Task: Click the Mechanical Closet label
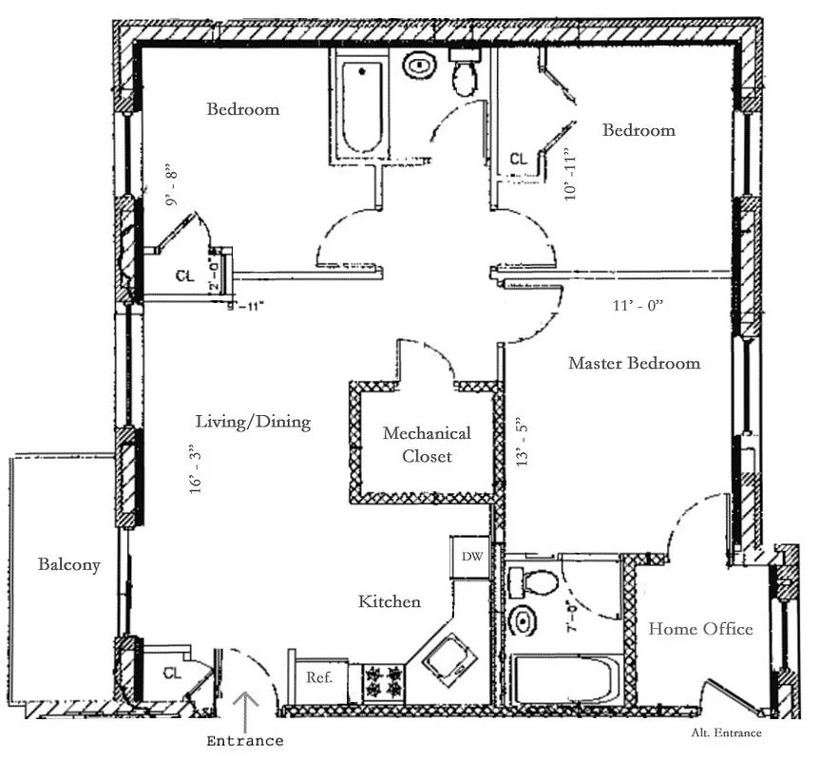[x=426, y=445]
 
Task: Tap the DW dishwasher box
[x=471, y=557]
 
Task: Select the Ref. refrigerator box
[x=318, y=678]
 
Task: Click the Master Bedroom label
[x=634, y=363]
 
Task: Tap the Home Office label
[x=700, y=629]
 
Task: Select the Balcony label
[x=68, y=564]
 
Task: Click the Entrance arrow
[x=246, y=708]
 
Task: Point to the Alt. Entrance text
[x=726, y=732]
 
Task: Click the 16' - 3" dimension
[x=198, y=468]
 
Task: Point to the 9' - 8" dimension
[x=172, y=184]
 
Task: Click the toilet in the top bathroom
[x=465, y=74]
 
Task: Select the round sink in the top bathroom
[x=418, y=66]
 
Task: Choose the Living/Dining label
[x=253, y=422]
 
